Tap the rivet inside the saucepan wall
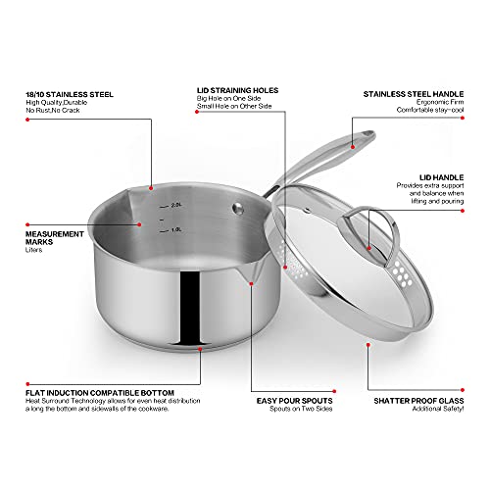(237, 208)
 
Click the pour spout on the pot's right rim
(252, 281)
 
